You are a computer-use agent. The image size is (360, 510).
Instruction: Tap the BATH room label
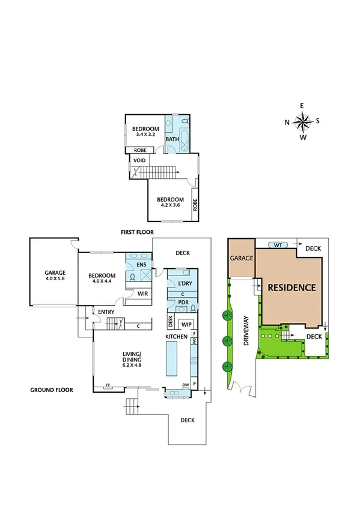(x=172, y=140)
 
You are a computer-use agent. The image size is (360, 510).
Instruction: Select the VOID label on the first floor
(x=139, y=161)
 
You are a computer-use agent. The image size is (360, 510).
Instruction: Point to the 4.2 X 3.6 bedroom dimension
(x=170, y=206)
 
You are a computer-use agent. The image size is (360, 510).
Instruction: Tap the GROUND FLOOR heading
(x=52, y=390)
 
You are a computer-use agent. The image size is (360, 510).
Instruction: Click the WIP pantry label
(x=186, y=324)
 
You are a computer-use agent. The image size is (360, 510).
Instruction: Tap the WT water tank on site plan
(x=277, y=245)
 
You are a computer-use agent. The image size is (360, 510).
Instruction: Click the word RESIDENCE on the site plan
(x=291, y=287)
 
